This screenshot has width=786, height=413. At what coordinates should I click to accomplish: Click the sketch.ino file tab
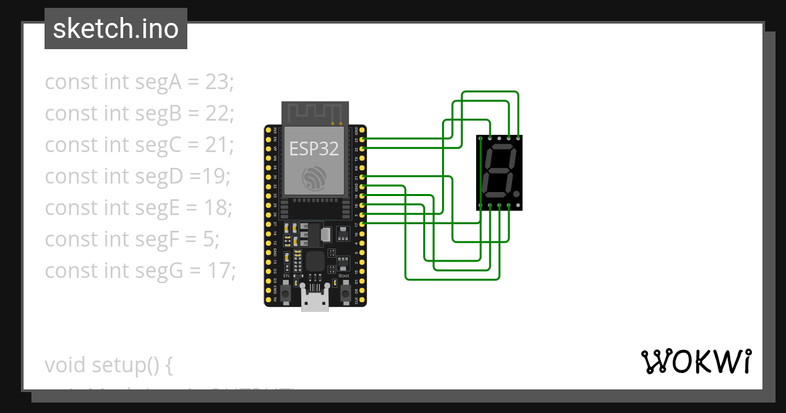coord(116,29)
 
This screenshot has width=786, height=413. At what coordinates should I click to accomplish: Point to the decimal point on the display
coord(517,195)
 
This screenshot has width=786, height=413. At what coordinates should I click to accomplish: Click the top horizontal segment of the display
coord(502,149)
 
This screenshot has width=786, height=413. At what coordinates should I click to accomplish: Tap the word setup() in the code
coord(124,364)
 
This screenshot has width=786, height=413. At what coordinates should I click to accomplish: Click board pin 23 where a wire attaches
coord(363,140)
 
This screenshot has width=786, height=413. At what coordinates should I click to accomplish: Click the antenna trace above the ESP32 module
coord(315,112)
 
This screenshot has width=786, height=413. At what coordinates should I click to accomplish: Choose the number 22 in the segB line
coord(217,113)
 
